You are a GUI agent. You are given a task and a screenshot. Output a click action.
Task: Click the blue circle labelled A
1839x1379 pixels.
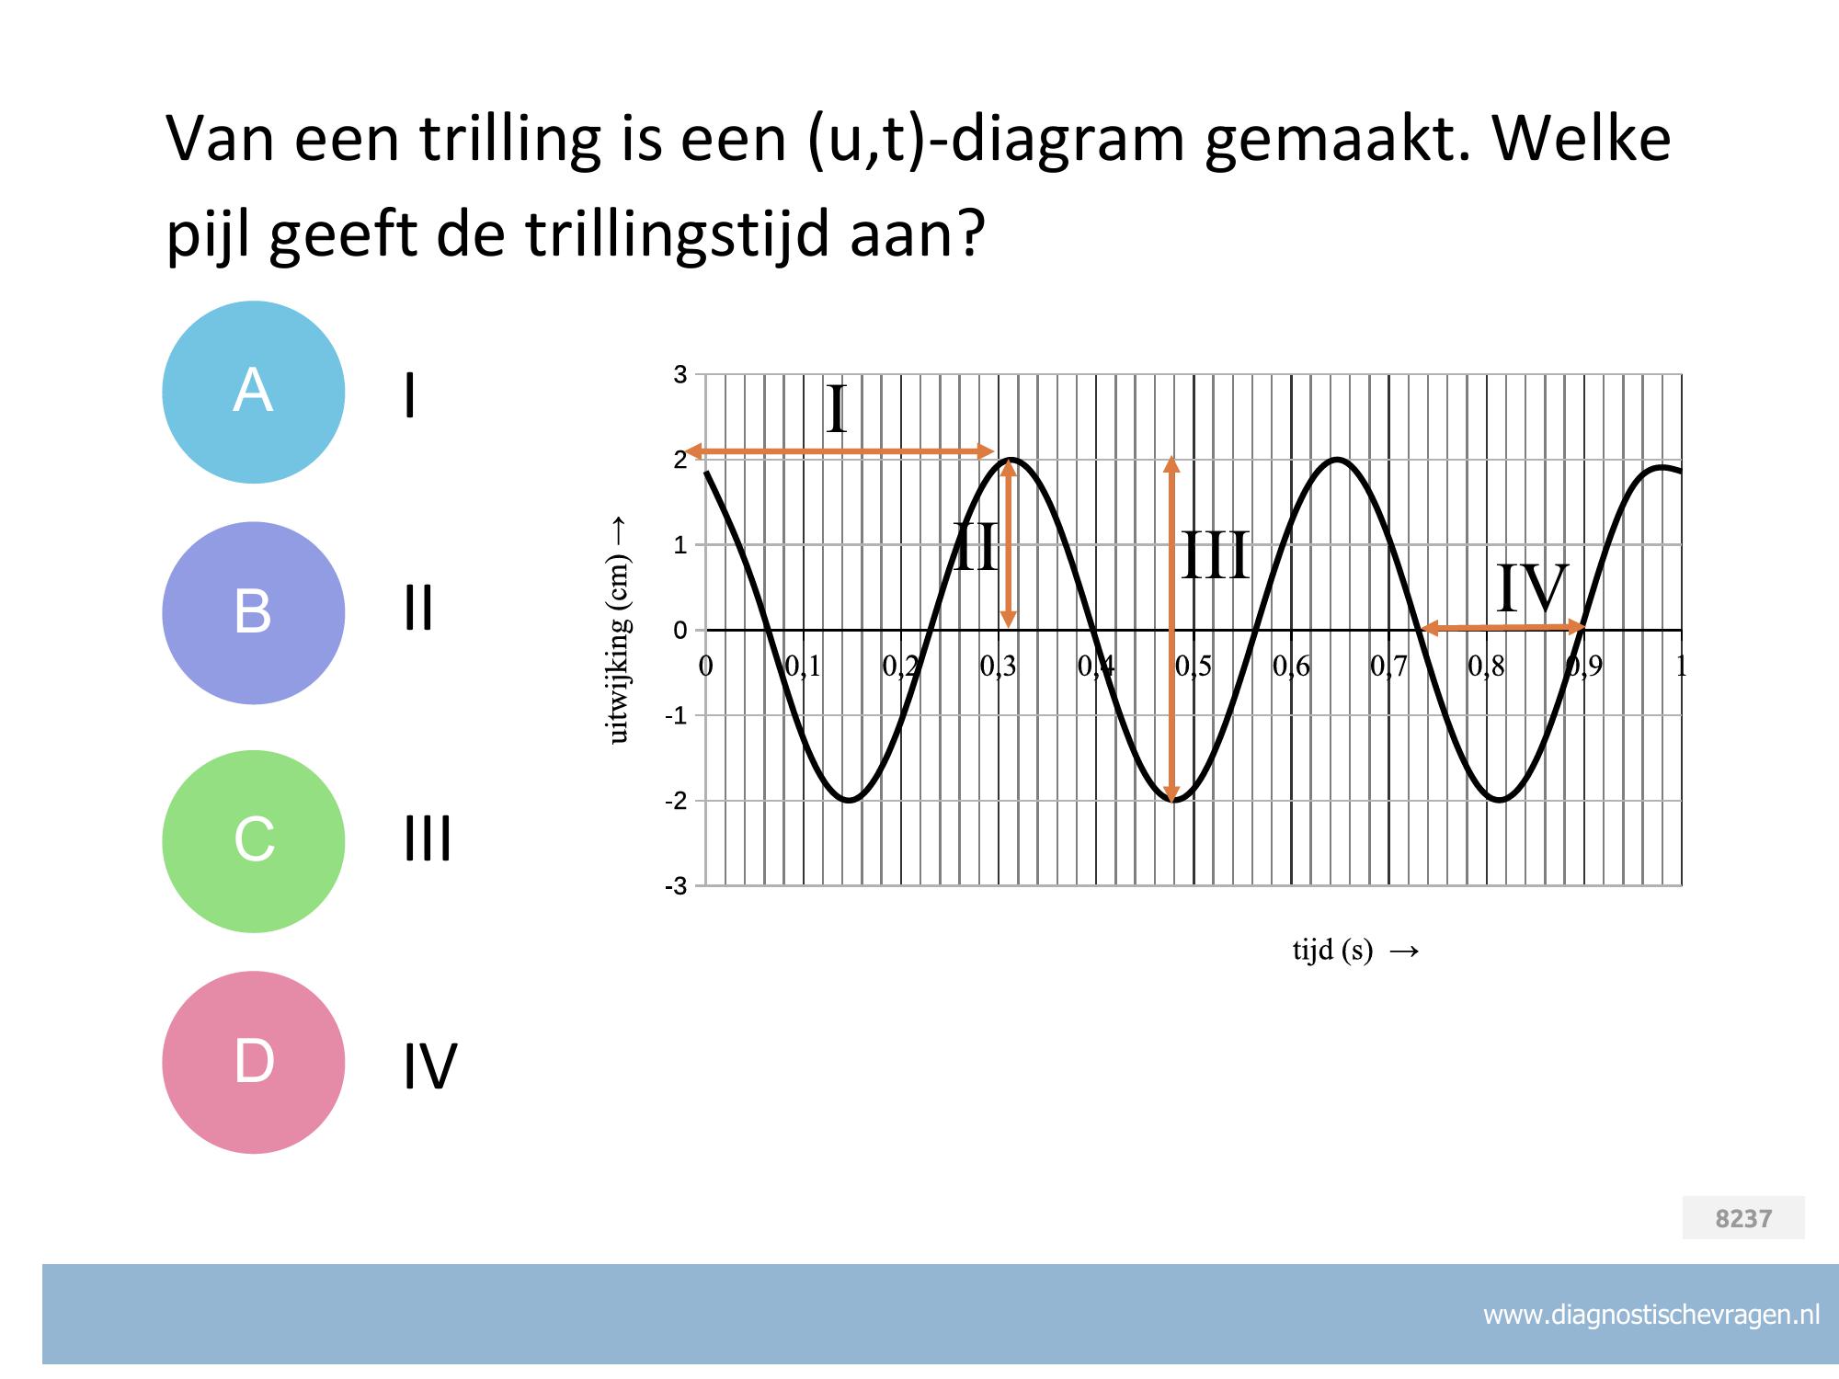tap(254, 392)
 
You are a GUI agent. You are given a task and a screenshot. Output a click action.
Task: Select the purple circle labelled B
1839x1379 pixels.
tap(254, 612)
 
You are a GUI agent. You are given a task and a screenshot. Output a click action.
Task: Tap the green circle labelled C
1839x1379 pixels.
tap(254, 841)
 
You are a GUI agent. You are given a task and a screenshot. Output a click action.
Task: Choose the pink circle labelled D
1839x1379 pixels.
tap(254, 1062)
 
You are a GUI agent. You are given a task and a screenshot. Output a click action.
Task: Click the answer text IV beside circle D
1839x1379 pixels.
tap(430, 1066)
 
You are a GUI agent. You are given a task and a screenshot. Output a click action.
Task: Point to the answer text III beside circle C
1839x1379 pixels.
tap(428, 839)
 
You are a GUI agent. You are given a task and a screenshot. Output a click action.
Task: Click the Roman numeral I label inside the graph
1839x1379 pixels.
tap(836, 410)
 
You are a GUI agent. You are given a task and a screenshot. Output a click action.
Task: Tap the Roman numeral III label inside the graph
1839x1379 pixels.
tap(1216, 555)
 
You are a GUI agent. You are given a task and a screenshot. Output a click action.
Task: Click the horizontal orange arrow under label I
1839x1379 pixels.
tap(840, 451)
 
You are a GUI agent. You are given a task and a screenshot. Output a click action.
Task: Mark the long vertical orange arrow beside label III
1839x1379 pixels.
tap(1171, 630)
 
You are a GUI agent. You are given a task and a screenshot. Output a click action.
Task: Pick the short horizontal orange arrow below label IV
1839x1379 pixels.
tap(1502, 628)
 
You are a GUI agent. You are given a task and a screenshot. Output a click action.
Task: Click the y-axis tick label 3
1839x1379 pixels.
tap(680, 374)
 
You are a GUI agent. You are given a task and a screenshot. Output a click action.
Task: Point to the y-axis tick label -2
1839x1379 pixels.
tap(677, 801)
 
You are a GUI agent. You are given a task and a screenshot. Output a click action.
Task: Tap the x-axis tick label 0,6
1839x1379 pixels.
tap(1291, 667)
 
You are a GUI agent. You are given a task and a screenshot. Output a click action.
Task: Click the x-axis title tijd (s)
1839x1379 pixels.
tap(1332, 951)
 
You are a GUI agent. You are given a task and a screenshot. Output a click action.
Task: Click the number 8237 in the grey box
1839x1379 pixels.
tap(1743, 1218)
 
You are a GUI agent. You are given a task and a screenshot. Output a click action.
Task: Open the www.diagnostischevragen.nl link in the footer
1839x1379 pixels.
tap(1651, 1316)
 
